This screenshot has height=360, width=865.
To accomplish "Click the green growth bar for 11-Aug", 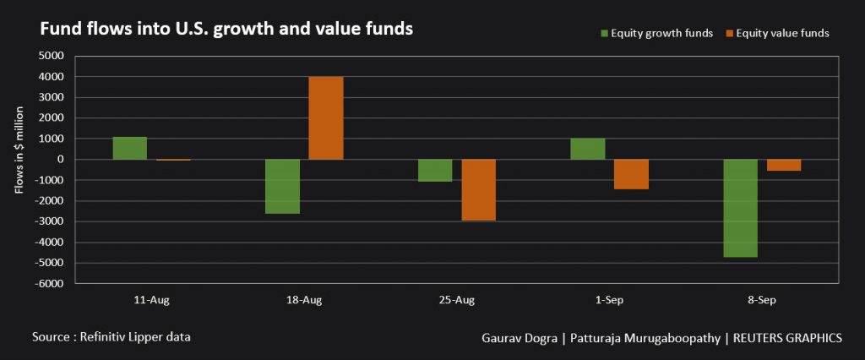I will coord(129,148).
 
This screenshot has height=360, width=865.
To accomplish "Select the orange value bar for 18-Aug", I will coord(326,118).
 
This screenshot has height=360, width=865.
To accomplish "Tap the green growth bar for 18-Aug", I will coord(282,186).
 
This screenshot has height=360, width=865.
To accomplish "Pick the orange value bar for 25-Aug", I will coord(478,190).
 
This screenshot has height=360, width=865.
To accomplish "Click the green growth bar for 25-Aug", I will coord(435,170).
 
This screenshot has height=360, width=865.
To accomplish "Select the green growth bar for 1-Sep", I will coord(588,149).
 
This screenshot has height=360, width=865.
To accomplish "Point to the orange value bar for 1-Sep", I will coord(631,174).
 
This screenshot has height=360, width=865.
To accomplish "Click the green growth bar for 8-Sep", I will coord(741,208).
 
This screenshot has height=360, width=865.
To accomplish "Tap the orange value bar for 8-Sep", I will coord(784,165).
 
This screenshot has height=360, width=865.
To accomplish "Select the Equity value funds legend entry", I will coord(777,33).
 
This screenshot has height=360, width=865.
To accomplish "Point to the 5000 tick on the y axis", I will coord(52,56).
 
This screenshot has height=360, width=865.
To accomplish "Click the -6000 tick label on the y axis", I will coord(49,284).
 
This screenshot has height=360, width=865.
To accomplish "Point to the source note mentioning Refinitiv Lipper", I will coord(112,336).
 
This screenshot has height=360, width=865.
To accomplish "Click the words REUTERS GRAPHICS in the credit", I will coord(785,337).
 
